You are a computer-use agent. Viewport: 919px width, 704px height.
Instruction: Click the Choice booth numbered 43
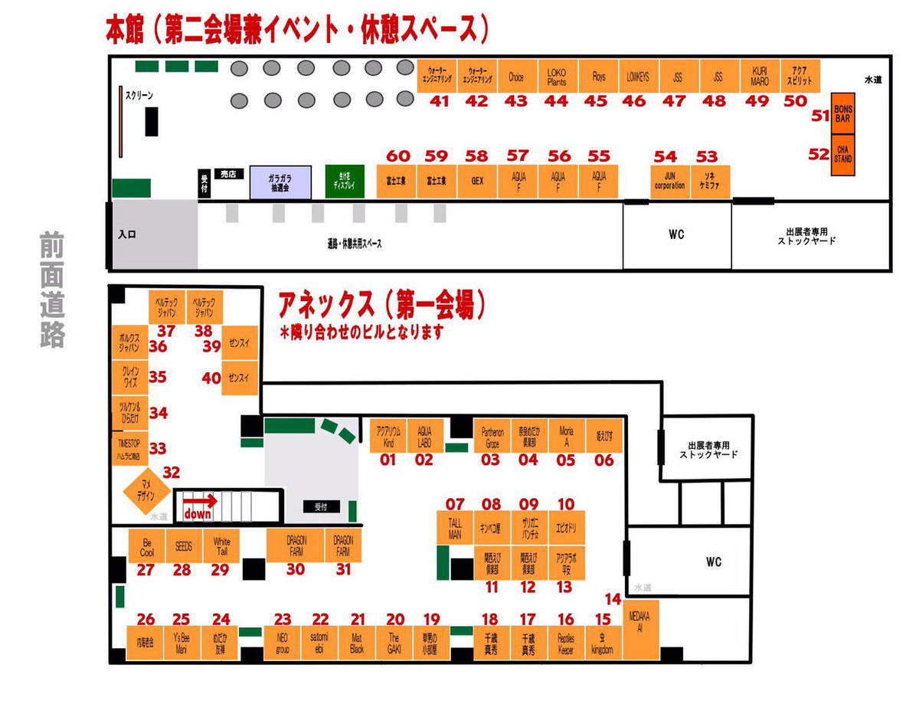516,77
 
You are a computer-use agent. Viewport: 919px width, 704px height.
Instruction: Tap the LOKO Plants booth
557,77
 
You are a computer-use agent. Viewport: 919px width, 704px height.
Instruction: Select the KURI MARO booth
760,77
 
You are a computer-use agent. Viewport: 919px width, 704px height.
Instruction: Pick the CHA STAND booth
842,154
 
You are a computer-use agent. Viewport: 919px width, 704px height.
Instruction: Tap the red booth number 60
398,156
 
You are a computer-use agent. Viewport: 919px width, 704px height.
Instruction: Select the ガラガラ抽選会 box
280,182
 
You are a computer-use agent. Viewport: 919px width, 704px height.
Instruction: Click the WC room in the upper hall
675,235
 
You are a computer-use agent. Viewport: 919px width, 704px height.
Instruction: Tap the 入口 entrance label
127,235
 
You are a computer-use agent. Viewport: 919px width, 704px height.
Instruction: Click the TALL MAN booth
456,528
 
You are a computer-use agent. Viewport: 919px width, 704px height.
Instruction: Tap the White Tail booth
221,546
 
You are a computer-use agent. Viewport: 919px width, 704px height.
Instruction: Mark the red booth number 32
172,473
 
